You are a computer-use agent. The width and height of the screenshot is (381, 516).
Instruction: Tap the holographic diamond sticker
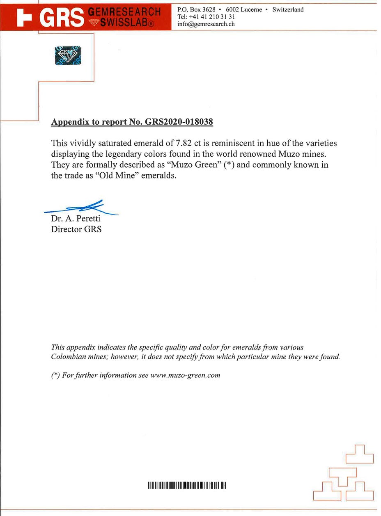68,55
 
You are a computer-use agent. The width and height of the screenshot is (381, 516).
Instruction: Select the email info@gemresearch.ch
206,24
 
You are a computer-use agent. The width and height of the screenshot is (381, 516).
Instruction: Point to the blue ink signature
82,208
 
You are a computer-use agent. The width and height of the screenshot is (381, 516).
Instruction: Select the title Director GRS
76,229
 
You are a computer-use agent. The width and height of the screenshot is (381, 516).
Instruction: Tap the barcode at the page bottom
187,486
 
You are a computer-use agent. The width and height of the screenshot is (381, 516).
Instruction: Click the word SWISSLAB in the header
124,23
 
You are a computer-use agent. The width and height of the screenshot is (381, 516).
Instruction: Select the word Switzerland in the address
288,9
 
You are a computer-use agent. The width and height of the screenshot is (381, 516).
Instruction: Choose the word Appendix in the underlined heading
67,122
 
